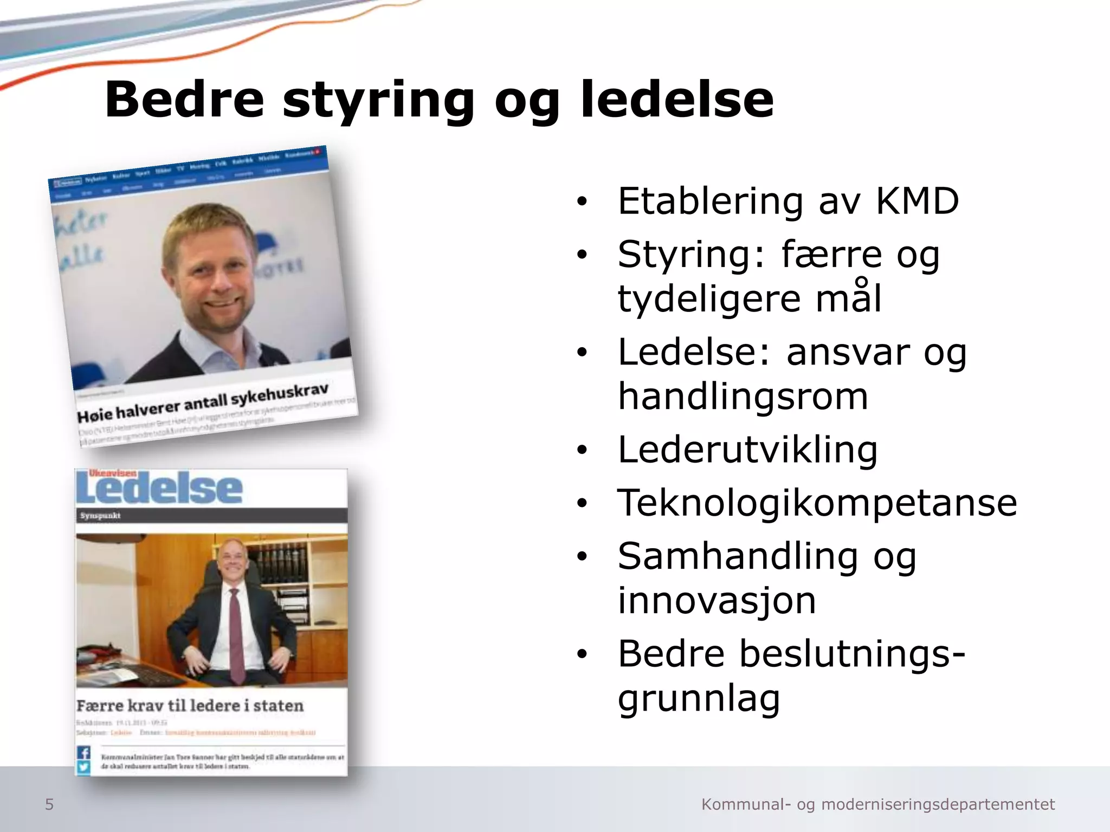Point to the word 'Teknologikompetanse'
tap(817, 502)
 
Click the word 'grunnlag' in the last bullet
tap(699, 699)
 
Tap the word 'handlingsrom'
tap(743, 396)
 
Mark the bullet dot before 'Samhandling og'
tap(582, 557)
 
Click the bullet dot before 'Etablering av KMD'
tap(582, 202)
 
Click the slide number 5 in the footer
tap(49, 805)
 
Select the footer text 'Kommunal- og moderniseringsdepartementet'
tap(878, 805)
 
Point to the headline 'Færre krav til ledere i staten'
tap(190, 706)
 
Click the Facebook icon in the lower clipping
tap(84, 752)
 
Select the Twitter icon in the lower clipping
tap(84, 767)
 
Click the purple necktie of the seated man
tap(235, 628)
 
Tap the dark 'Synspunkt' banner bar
tap(211, 515)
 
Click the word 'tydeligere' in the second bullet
tap(708, 299)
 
